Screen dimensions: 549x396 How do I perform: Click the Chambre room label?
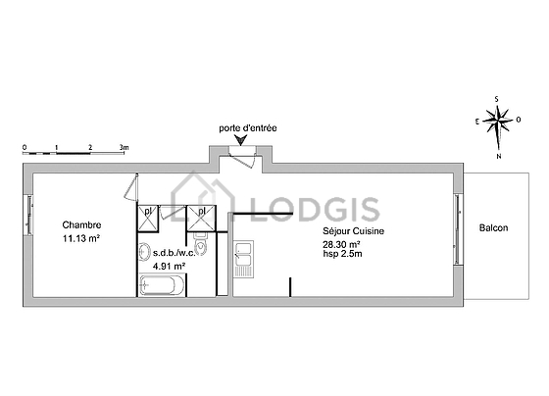tap(81, 224)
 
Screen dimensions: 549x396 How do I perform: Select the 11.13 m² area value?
tap(81, 238)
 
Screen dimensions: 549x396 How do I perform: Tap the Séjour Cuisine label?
tap(353, 231)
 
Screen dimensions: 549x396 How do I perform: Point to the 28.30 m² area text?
tap(342, 244)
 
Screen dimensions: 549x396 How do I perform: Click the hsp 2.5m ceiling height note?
tap(342, 254)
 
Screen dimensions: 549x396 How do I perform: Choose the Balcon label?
tap(493, 228)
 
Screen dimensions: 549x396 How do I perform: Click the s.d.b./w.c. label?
tap(175, 253)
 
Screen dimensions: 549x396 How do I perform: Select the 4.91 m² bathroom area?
tap(169, 266)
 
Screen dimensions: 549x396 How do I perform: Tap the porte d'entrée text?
tap(248, 128)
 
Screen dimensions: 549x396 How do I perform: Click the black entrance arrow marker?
tap(241, 140)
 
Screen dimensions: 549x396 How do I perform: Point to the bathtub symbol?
tap(162, 285)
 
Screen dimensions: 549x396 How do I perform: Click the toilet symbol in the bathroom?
tap(201, 244)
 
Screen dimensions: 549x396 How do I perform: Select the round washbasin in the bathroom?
tap(144, 252)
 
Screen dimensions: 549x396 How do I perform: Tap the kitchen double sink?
tap(243, 259)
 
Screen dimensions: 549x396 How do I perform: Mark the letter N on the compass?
tap(499, 157)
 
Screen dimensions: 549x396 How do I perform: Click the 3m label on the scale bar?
tap(124, 148)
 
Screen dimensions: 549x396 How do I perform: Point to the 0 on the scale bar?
tap(25, 147)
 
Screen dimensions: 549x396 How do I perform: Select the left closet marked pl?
tap(148, 219)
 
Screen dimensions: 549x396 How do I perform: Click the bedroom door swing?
tap(131, 187)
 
